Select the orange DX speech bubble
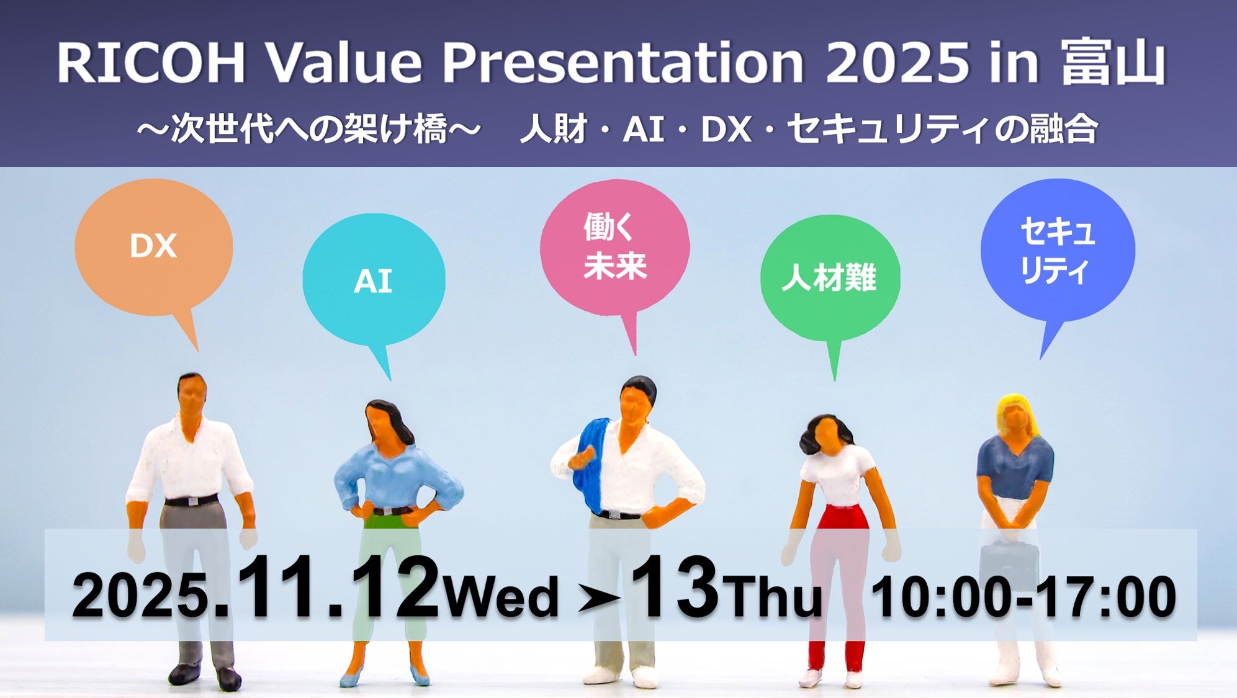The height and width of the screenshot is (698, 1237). click(153, 247)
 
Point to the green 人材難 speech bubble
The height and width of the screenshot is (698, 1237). click(829, 277)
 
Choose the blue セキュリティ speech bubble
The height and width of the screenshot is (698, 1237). click(1057, 250)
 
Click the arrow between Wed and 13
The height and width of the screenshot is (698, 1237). click(598, 599)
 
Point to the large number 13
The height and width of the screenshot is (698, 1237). click(675, 588)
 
